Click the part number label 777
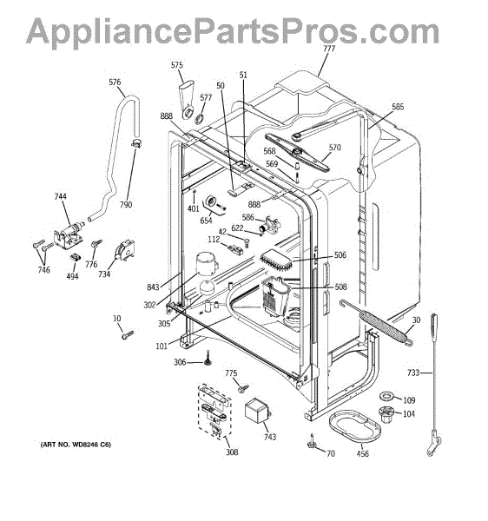pos(329,49)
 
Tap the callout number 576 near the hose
pos(115,82)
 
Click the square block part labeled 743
pos(257,410)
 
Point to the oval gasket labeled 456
pos(355,427)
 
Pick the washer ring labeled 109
pos(386,396)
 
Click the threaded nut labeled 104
pos(386,413)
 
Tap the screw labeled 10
pos(128,334)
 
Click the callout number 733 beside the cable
pos(413,373)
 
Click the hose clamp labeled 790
pos(135,143)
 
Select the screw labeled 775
pos(243,388)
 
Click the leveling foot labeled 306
pos(208,358)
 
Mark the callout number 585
pos(398,107)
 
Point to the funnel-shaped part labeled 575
pos(188,99)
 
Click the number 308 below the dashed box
pos(232,452)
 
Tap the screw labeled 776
pos(96,243)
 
